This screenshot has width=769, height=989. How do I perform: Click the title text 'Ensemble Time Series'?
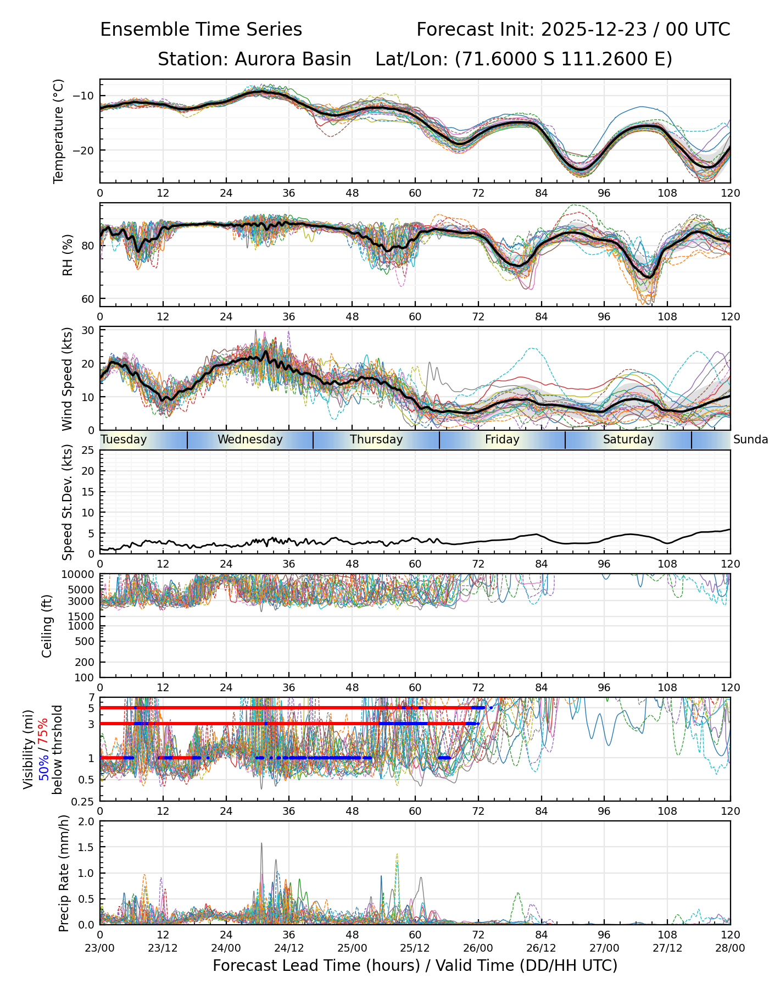coord(201,30)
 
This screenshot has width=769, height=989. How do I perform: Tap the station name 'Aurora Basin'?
coord(293,59)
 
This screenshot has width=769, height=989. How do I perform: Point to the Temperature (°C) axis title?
coord(59,131)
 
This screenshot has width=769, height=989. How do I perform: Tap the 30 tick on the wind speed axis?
coord(88,330)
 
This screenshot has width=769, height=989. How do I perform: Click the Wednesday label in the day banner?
coord(250,440)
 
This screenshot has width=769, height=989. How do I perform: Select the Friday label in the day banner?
coord(502,440)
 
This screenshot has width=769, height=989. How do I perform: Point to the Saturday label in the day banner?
coord(628,440)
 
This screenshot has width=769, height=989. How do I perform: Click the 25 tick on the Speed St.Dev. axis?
coord(88,451)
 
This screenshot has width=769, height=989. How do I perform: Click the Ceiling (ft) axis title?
coord(47,626)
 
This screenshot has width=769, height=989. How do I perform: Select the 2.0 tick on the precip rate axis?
coord(85,821)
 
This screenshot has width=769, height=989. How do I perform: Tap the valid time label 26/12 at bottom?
coord(541,948)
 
